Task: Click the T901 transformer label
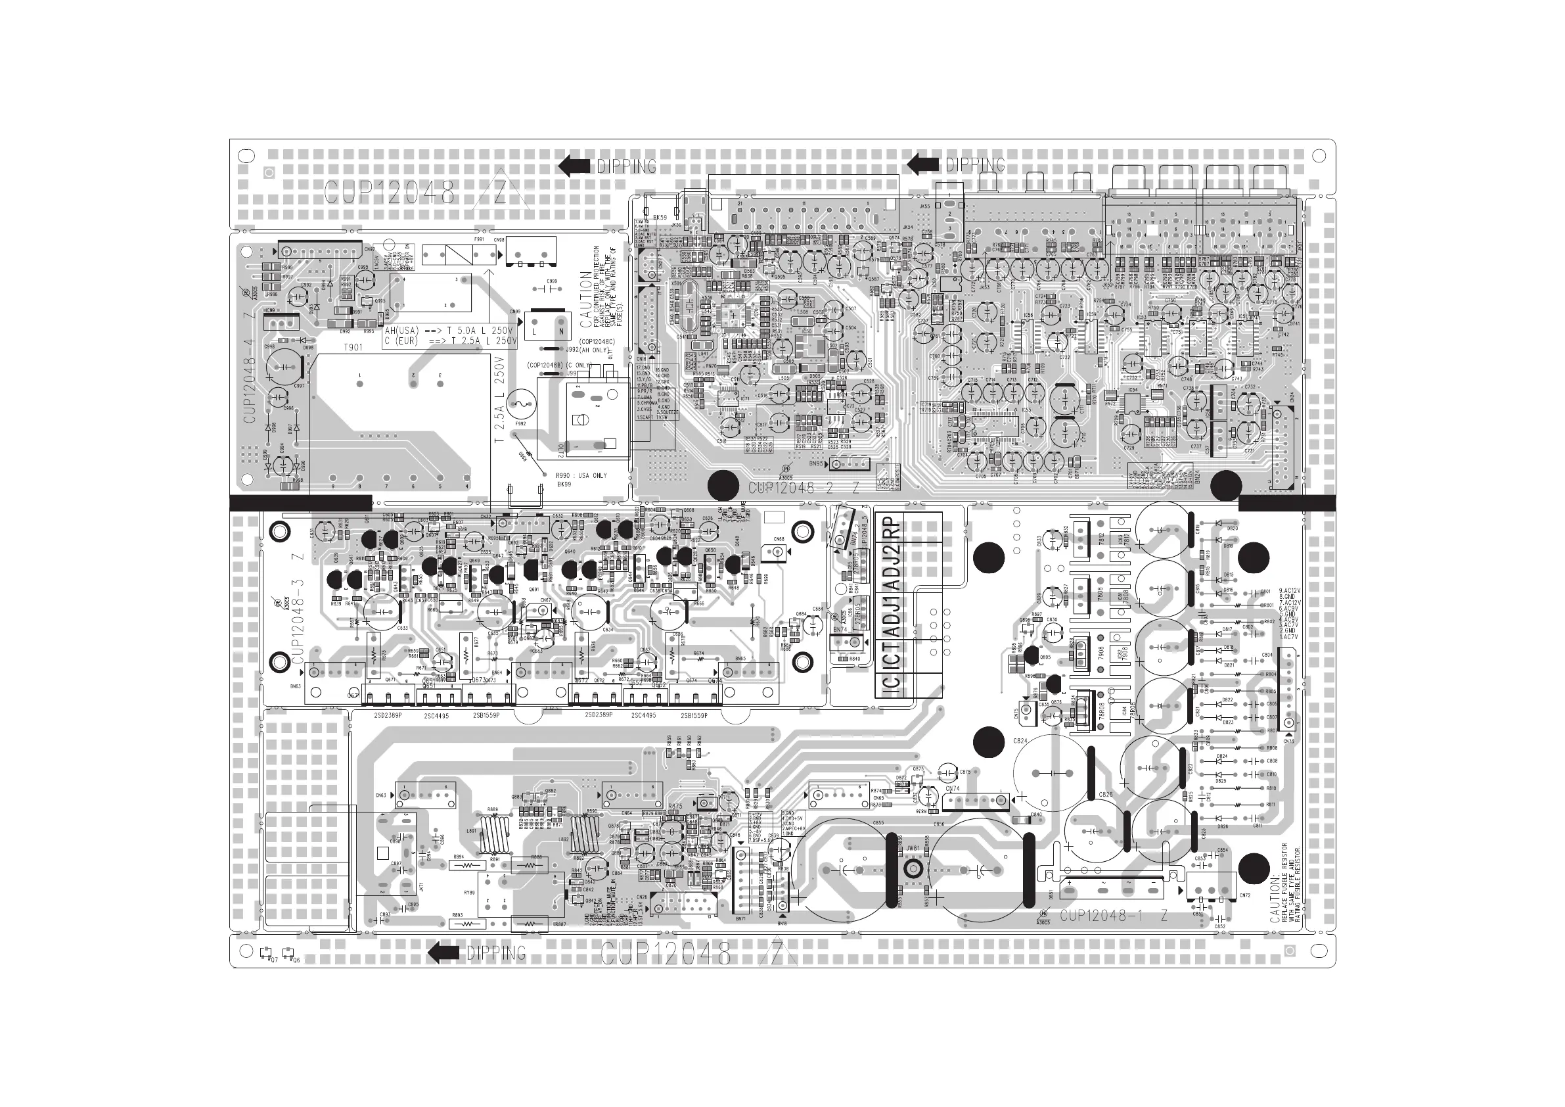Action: [352, 347]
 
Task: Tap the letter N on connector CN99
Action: [562, 331]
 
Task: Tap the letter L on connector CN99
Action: [535, 331]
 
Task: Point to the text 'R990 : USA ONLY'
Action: [581, 475]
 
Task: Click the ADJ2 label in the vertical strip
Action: [892, 563]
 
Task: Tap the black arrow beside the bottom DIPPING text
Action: [443, 952]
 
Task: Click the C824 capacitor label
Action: [1020, 741]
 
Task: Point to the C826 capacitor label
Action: [1106, 795]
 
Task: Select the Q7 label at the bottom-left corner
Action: [273, 960]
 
